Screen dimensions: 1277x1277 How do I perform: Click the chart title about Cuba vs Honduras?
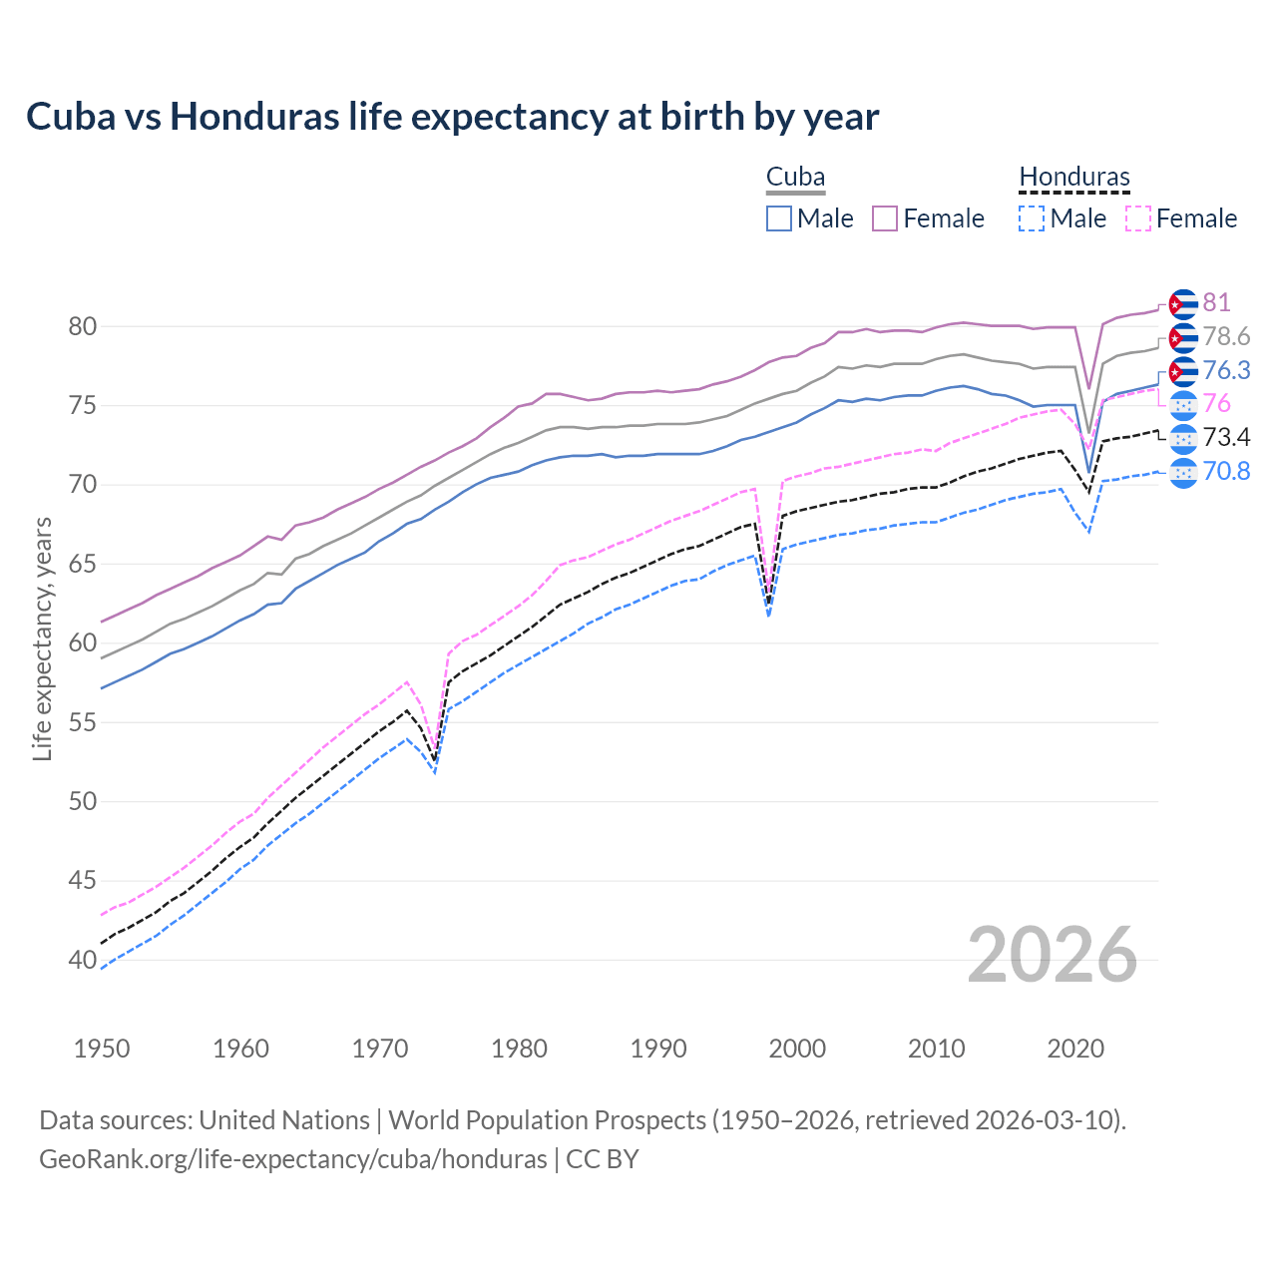tap(452, 117)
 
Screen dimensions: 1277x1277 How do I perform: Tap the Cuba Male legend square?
tap(779, 218)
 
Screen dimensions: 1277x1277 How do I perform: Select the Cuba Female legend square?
tap(885, 218)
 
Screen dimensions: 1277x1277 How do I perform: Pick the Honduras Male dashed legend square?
tap(1032, 218)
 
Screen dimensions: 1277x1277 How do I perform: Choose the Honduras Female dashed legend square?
tap(1137, 218)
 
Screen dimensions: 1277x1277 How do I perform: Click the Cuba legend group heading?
tap(795, 178)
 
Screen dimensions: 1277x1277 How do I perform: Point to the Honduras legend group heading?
tap(1074, 178)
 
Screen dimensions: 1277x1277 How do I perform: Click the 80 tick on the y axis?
tap(83, 326)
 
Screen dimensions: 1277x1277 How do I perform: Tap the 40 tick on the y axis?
tap(83, 960)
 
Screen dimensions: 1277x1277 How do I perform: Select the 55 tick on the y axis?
tap(83, 722)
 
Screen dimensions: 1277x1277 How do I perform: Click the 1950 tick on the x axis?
tap(102, 1049)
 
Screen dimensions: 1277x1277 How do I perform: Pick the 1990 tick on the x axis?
tap(658, 1049)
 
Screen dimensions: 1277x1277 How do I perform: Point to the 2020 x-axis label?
tap(1075, 1049)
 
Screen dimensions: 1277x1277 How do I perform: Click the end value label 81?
tap(1216, 302)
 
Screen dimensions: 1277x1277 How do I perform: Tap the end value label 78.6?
tap(1226, 336)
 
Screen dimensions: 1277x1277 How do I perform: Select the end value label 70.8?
tap(1226, 471)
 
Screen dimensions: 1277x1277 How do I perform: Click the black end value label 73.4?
tap(1226, 437)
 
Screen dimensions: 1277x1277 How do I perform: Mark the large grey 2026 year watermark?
tap(1053, 955)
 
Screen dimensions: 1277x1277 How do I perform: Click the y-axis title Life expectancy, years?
tap(42, 638)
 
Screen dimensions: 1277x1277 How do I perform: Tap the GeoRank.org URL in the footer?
tap(292, 1159)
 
